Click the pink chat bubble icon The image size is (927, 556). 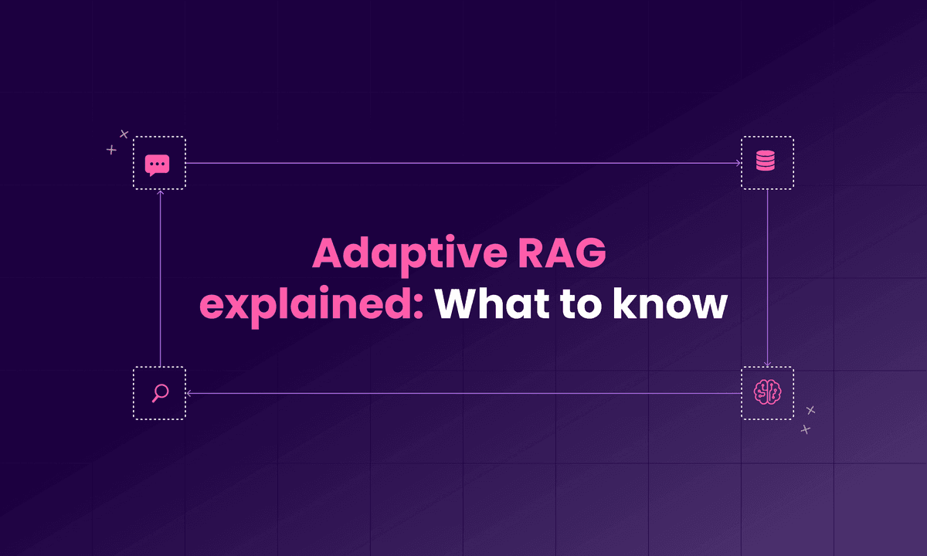(x=158, y=164)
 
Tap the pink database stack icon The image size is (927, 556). (x=766, y=162)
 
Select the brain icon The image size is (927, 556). (x=766, y=393)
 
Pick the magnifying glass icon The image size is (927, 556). (x=160, y=393)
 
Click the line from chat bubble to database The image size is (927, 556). (x=463, y=163)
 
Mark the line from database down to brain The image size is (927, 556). (x=767, y=278)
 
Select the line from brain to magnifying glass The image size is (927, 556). (x=463, y=393)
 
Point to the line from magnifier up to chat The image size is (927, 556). (x=160, y=278)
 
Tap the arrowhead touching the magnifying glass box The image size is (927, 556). (x=189, y=393)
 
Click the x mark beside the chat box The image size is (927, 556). (x=124, y=134)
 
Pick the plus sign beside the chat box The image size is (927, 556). (x=111, y=149)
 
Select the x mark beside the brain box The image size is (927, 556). (x=810, y=410)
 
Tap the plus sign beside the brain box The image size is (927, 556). (x=806, y=429)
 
